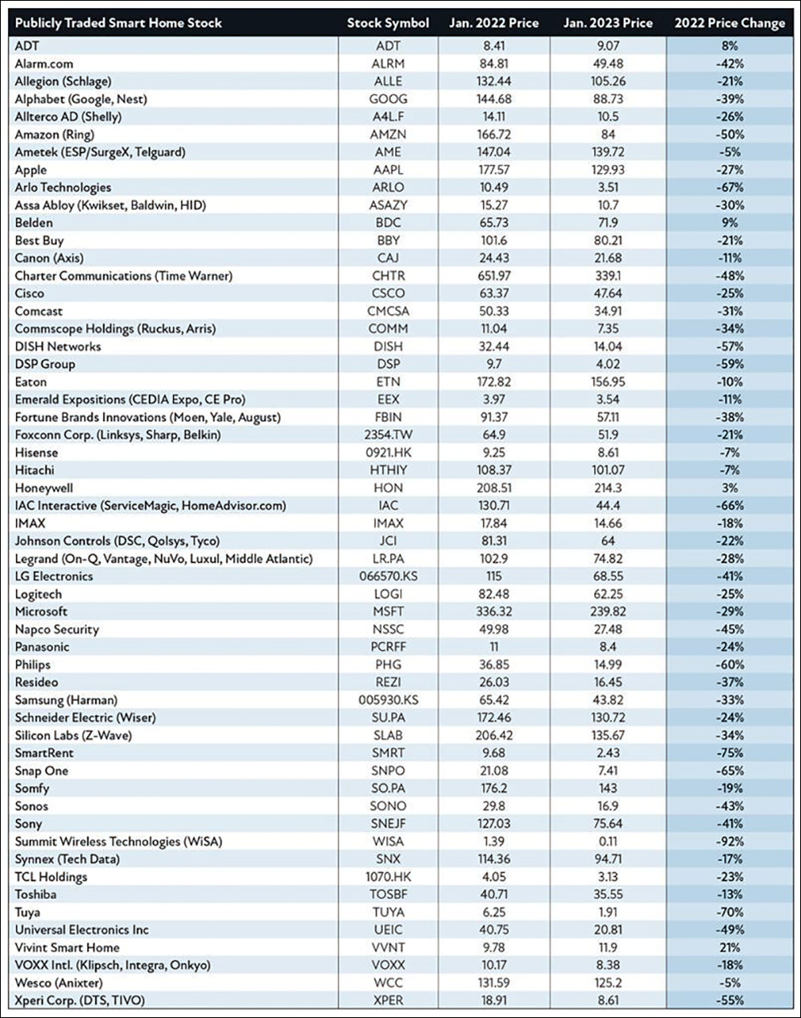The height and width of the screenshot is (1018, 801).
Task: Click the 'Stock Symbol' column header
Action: coord(388,23)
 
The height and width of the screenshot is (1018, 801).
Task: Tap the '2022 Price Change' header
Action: coord(730,23)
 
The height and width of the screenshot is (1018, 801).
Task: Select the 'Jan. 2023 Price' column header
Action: coord(608,23)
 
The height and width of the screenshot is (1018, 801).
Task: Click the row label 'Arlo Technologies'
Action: coord(63,188)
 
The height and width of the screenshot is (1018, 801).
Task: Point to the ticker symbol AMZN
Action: coord(388,135)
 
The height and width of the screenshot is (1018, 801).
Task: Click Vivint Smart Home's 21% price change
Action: coord(730,947)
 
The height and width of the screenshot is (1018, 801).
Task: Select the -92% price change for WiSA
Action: coord(730,842)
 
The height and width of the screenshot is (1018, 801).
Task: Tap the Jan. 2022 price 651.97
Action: coord(493,276)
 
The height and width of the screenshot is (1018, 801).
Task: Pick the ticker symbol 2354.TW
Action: coord(388,434)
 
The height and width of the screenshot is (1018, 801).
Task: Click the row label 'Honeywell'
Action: coord(44,488)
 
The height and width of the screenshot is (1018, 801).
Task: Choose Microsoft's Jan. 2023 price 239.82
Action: coord(608,612)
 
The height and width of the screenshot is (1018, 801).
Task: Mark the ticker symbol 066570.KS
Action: coord(388,576)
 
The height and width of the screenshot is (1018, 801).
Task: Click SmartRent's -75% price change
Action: coord(730,753)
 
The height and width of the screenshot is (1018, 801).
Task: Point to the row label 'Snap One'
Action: coord(42,770)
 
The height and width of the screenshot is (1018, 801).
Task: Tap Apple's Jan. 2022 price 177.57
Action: coord(493,170)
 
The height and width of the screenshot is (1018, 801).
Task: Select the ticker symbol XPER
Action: coord(388,1000)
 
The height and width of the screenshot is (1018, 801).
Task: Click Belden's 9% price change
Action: coord(730,223)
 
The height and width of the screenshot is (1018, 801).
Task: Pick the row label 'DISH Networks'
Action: coord(58,347)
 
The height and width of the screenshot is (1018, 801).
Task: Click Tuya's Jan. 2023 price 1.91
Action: coord(608,912)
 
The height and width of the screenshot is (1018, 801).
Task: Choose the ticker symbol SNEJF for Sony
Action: coord(388,823)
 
